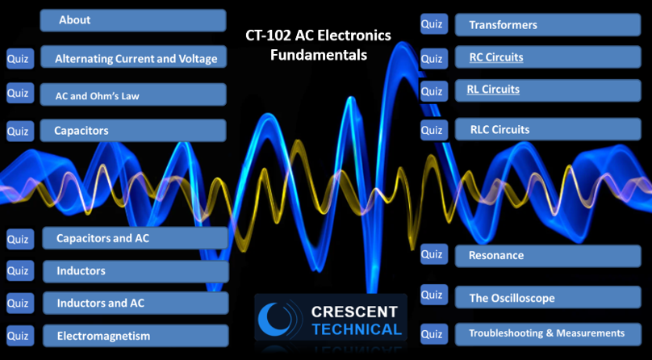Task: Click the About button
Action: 133,20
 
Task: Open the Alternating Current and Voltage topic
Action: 133,57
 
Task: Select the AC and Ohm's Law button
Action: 133,94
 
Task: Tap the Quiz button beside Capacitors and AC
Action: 20,239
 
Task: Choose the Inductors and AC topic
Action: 136,303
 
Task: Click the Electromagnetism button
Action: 136,336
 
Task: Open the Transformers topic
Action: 548,24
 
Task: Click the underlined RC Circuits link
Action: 496,57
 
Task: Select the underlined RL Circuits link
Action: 493,90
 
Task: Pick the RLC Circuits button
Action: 548,129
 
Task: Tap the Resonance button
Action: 548,256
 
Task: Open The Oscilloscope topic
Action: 548,297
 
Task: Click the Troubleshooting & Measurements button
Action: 548,334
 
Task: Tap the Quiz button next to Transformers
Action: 434,23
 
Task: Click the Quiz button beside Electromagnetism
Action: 20,336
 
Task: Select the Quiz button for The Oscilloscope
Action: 434,295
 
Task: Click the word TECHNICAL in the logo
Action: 357,329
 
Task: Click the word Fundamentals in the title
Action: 319,55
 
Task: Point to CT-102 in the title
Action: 268,36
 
